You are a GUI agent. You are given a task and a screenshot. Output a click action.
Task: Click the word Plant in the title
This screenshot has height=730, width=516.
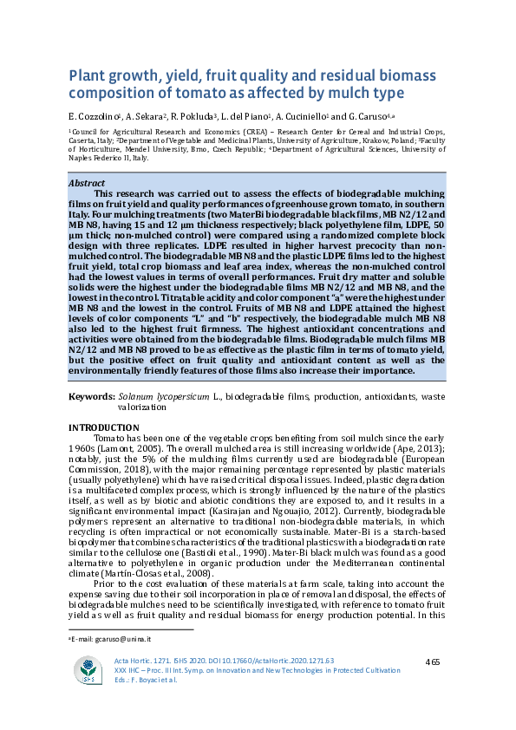[x=87, y=75]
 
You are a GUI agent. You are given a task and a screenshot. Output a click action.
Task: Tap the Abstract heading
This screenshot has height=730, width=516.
[x=88, y=184]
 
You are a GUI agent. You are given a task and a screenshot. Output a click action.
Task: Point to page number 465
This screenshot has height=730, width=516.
[x=434, y=662]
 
